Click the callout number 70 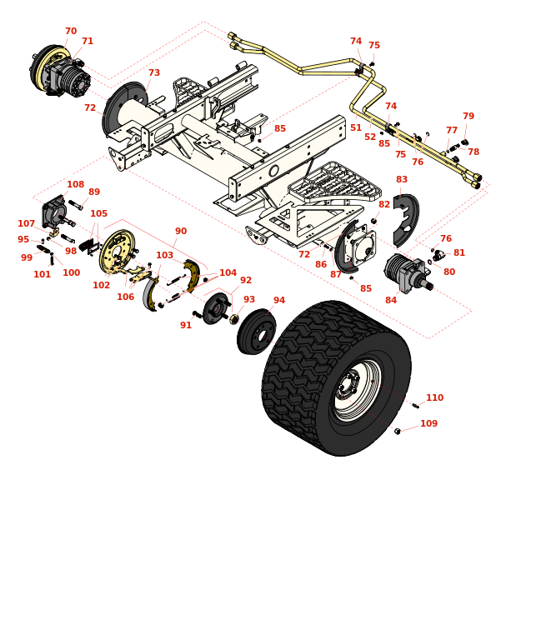71,32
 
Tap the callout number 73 154,73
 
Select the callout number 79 468,117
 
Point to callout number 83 402,180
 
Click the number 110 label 434,398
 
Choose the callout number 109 428,424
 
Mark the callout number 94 279,301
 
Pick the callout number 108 75,185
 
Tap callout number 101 42,275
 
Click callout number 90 181,232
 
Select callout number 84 391,301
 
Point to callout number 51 356,128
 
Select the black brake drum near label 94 256,332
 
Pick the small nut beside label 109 398,431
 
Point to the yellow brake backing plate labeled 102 117,252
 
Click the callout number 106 125,297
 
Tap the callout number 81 459,253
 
